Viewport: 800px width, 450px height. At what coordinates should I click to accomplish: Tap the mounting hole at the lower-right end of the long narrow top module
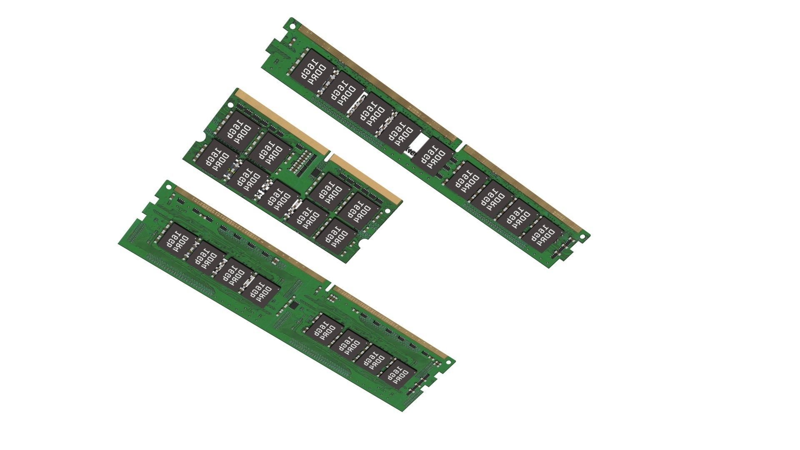(582, 237)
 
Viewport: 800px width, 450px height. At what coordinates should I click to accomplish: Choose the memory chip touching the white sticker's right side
(433, 156)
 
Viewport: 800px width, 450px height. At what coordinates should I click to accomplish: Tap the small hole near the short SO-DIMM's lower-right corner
(387, 211)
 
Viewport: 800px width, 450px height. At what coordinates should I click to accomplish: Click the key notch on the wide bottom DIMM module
(329, 287)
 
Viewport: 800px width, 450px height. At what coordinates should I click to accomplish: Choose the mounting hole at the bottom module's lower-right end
(448, 362)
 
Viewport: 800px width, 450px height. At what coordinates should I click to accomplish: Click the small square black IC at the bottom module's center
(294, 305)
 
